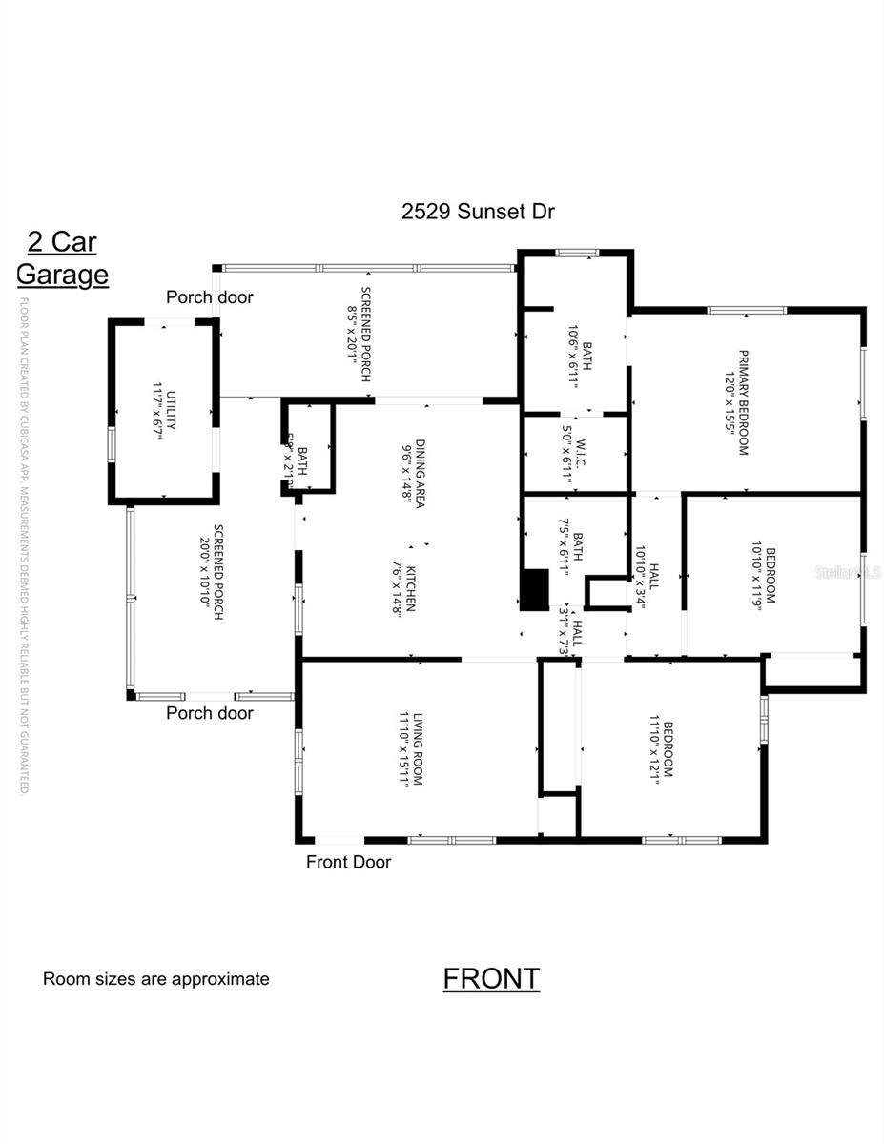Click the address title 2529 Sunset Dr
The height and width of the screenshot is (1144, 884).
click(478, 212)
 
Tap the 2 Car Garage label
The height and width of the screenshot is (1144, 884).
click(62, 258)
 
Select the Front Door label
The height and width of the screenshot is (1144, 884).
click(348, 862)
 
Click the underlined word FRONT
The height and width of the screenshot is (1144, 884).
click(491, 978)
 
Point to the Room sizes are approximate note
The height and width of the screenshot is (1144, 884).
click(156, 979)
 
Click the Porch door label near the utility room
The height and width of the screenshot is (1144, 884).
click(210, 297)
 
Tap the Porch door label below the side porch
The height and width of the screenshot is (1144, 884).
click(210, 713)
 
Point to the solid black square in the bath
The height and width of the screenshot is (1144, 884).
click(536, 589)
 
